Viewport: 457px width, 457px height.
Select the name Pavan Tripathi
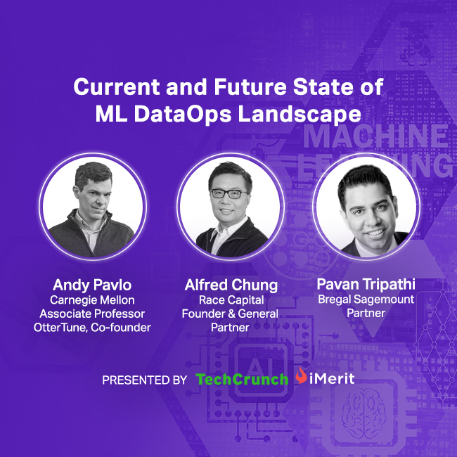[366, 285]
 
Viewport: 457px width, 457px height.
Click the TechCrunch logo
[242, 380]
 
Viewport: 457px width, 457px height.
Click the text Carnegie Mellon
[91, 300]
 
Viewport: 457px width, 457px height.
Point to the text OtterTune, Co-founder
[91, 327]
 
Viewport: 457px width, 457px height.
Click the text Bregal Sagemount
[366, 300]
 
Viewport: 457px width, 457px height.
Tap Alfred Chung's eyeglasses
[229, 193]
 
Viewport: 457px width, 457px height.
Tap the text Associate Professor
[91, 314]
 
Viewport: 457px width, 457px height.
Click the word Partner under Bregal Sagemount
[366, 314]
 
